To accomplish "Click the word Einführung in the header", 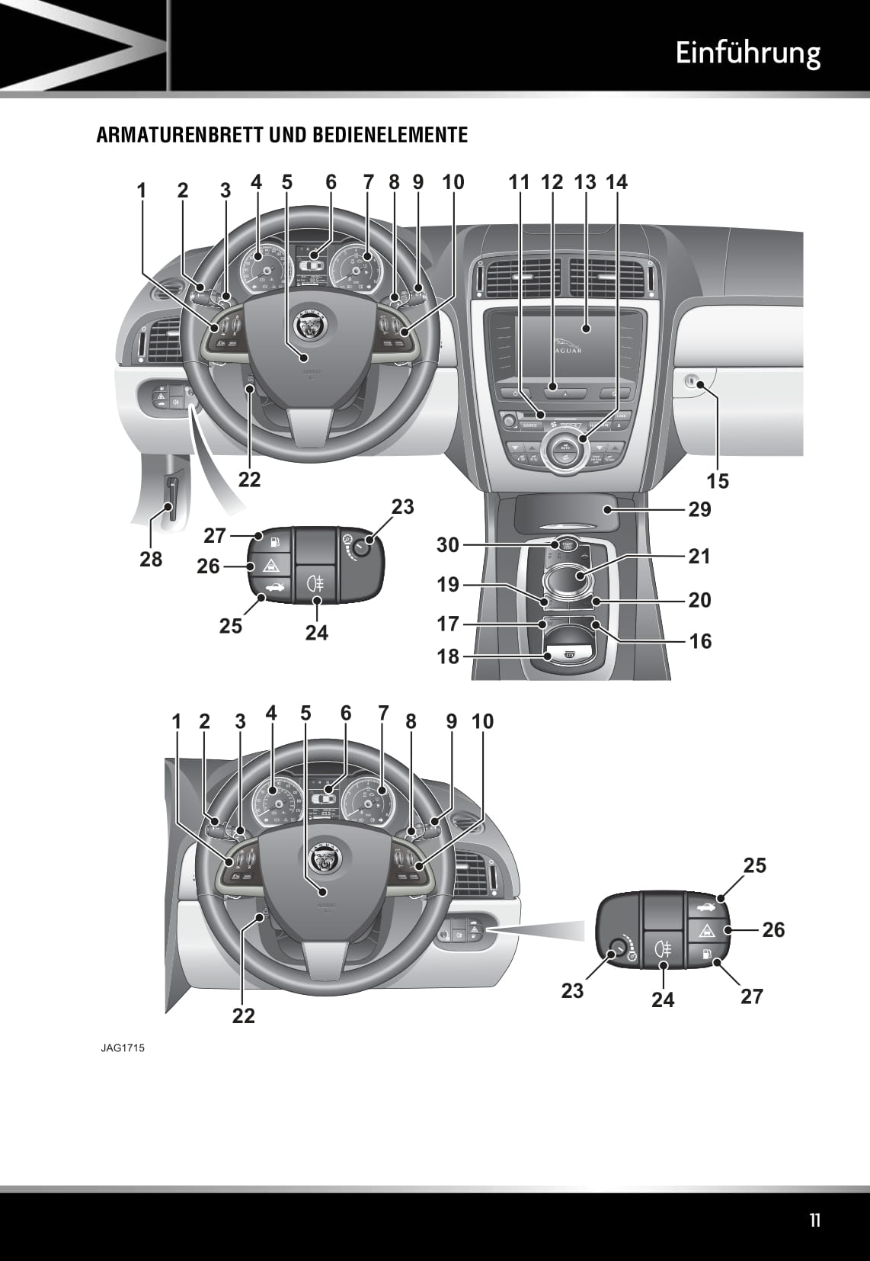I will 747,53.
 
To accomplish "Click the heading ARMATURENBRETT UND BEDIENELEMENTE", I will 282,136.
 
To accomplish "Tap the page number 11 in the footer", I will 815,1221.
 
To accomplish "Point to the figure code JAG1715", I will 122,1048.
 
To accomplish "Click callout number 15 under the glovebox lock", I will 718,481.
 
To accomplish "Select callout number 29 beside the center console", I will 699,509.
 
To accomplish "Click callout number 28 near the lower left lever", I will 151,559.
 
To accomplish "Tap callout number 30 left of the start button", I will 448,544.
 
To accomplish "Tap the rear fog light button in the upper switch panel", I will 315,585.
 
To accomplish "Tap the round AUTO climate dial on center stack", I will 565,448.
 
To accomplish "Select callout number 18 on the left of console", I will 448,656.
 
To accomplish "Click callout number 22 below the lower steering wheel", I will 244,1015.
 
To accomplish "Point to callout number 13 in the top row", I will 585,182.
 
